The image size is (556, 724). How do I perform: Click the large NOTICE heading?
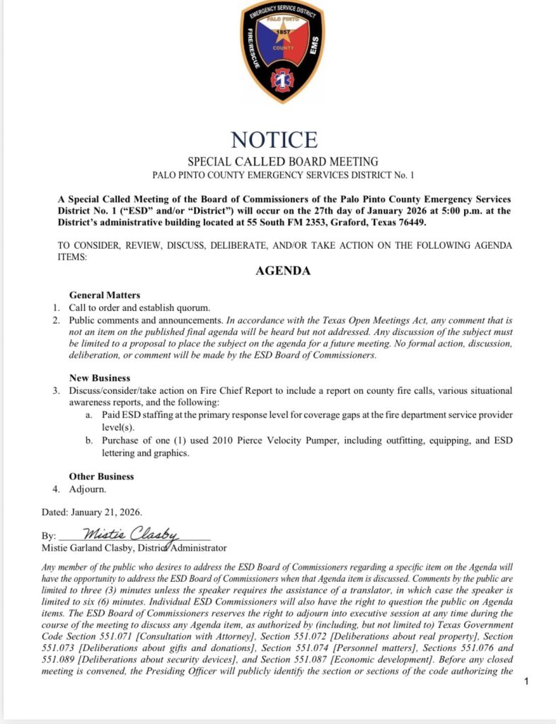pyautogui.click(x=274, y=139)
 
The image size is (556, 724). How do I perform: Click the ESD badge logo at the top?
pyautogui.click(x=283, y=51)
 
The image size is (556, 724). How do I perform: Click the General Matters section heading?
pyautogui.click(x=105, y=295)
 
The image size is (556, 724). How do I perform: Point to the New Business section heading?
pyautogui.click(x=100, y=378)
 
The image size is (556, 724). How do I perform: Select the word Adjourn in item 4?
pyautogui.click(x=87, y=489)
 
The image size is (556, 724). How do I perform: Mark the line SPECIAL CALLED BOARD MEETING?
pyautogui.click(x=283, y=162)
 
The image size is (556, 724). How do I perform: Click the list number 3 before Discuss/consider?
pyautogui.click(x=56, y=391)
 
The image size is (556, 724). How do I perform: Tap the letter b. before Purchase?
pyautogui.click(x=89, y=440)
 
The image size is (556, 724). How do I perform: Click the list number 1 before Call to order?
pyautogui.click(x=56, y=308)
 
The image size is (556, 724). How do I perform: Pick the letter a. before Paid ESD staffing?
pyautogui.click(x=89, y=415)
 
